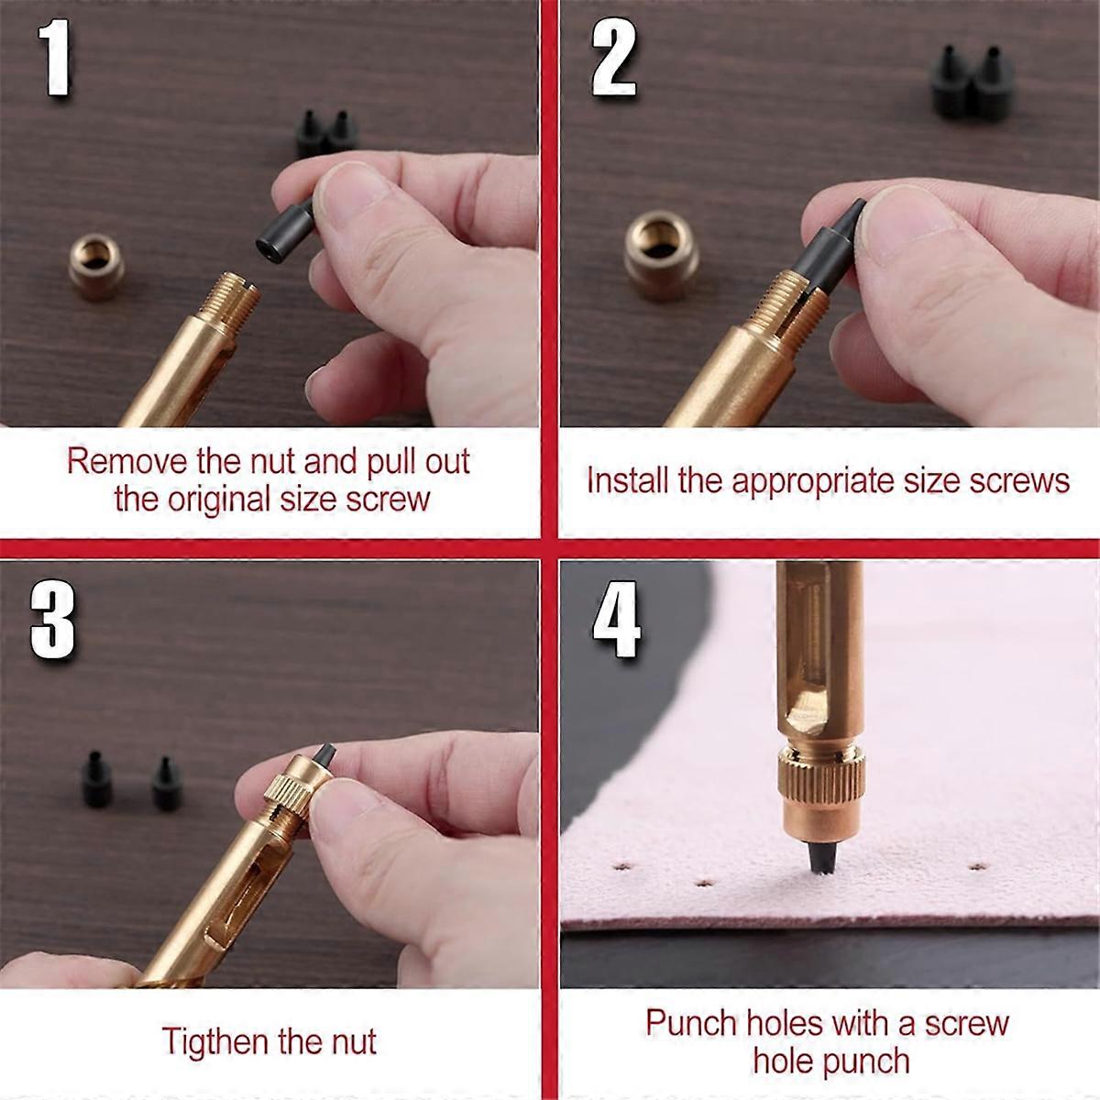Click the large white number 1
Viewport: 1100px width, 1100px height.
(x=55, y=57)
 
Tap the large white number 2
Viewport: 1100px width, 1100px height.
(x=613, y=57)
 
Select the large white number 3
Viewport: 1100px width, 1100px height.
(x=52, y=621)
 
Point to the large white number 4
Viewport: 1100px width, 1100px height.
(x=617, y=620)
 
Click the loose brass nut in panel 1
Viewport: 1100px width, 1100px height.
(x=96, y=267)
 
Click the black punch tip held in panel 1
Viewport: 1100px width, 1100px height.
(x=285, y=232)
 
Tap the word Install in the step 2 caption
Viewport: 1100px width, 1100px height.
(x=627, y=480)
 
